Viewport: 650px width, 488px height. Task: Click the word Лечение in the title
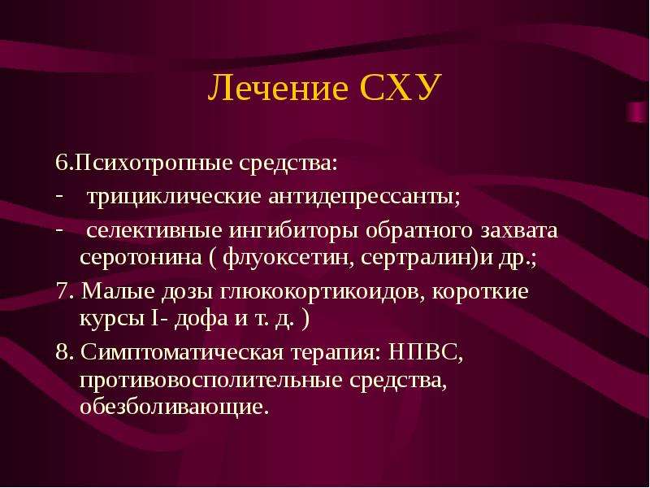point(278,88)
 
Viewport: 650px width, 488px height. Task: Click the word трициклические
point(174,196)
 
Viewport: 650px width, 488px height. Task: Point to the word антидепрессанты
point(363,196)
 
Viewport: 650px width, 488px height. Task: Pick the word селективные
point(154,230)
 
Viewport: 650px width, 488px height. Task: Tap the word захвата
point(519,231)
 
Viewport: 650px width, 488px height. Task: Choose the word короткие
point(480,292)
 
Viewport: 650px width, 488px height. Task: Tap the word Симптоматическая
point(182,353)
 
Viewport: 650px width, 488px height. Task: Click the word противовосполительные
point(211,380)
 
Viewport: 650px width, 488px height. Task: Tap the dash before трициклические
point(59,195)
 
